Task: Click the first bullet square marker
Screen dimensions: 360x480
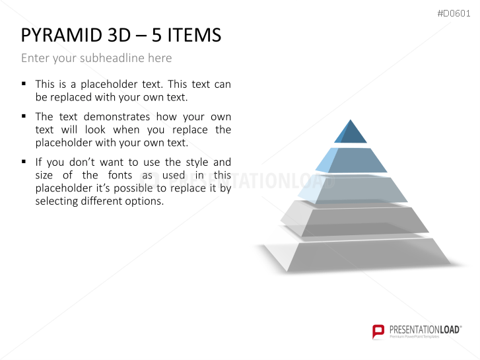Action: coord(24,84)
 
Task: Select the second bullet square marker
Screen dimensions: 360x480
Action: coord(24,116)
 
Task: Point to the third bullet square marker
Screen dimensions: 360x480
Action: coord(24,161)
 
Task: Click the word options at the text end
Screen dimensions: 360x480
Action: coord(143,201)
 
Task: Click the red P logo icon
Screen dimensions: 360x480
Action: coord(378,331)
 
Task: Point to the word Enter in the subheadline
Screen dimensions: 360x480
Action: coord(34,58)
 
